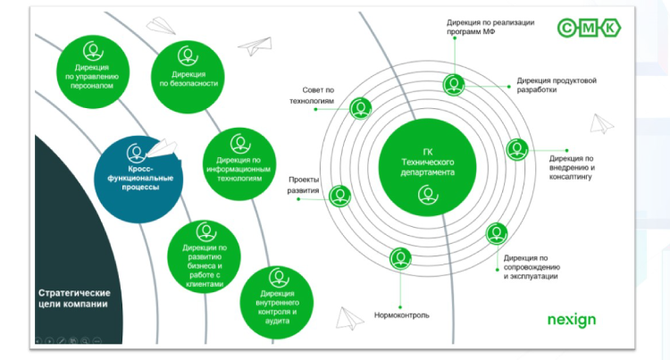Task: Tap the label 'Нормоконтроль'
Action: coord(401,315)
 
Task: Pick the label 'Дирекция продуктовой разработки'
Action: coord(556,84)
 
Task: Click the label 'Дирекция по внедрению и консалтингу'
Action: coord(573,166)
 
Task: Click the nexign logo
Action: coord(571,319)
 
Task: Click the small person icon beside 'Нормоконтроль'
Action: coord(400,259)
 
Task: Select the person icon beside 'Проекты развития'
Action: coord(340,196)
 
